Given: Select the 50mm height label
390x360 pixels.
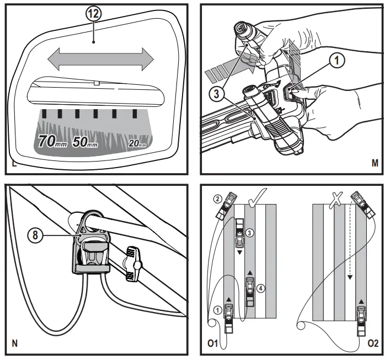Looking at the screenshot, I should pyautogui.click(x=86, y=142).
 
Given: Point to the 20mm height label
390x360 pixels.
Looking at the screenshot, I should pyautogui.click(x=137, y=143).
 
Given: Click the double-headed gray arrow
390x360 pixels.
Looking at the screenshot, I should pyautogui.click(x=99, y=58).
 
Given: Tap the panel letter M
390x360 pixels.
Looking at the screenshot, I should pyautogui.click(x=375, y=164).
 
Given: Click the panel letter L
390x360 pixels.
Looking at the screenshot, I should pyautogui.click(x=13, y=164).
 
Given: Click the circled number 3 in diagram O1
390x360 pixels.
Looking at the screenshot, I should pyautogui.click(x=250, y=233).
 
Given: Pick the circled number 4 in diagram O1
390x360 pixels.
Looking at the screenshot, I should pyautogui.click(x=261, y=287).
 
